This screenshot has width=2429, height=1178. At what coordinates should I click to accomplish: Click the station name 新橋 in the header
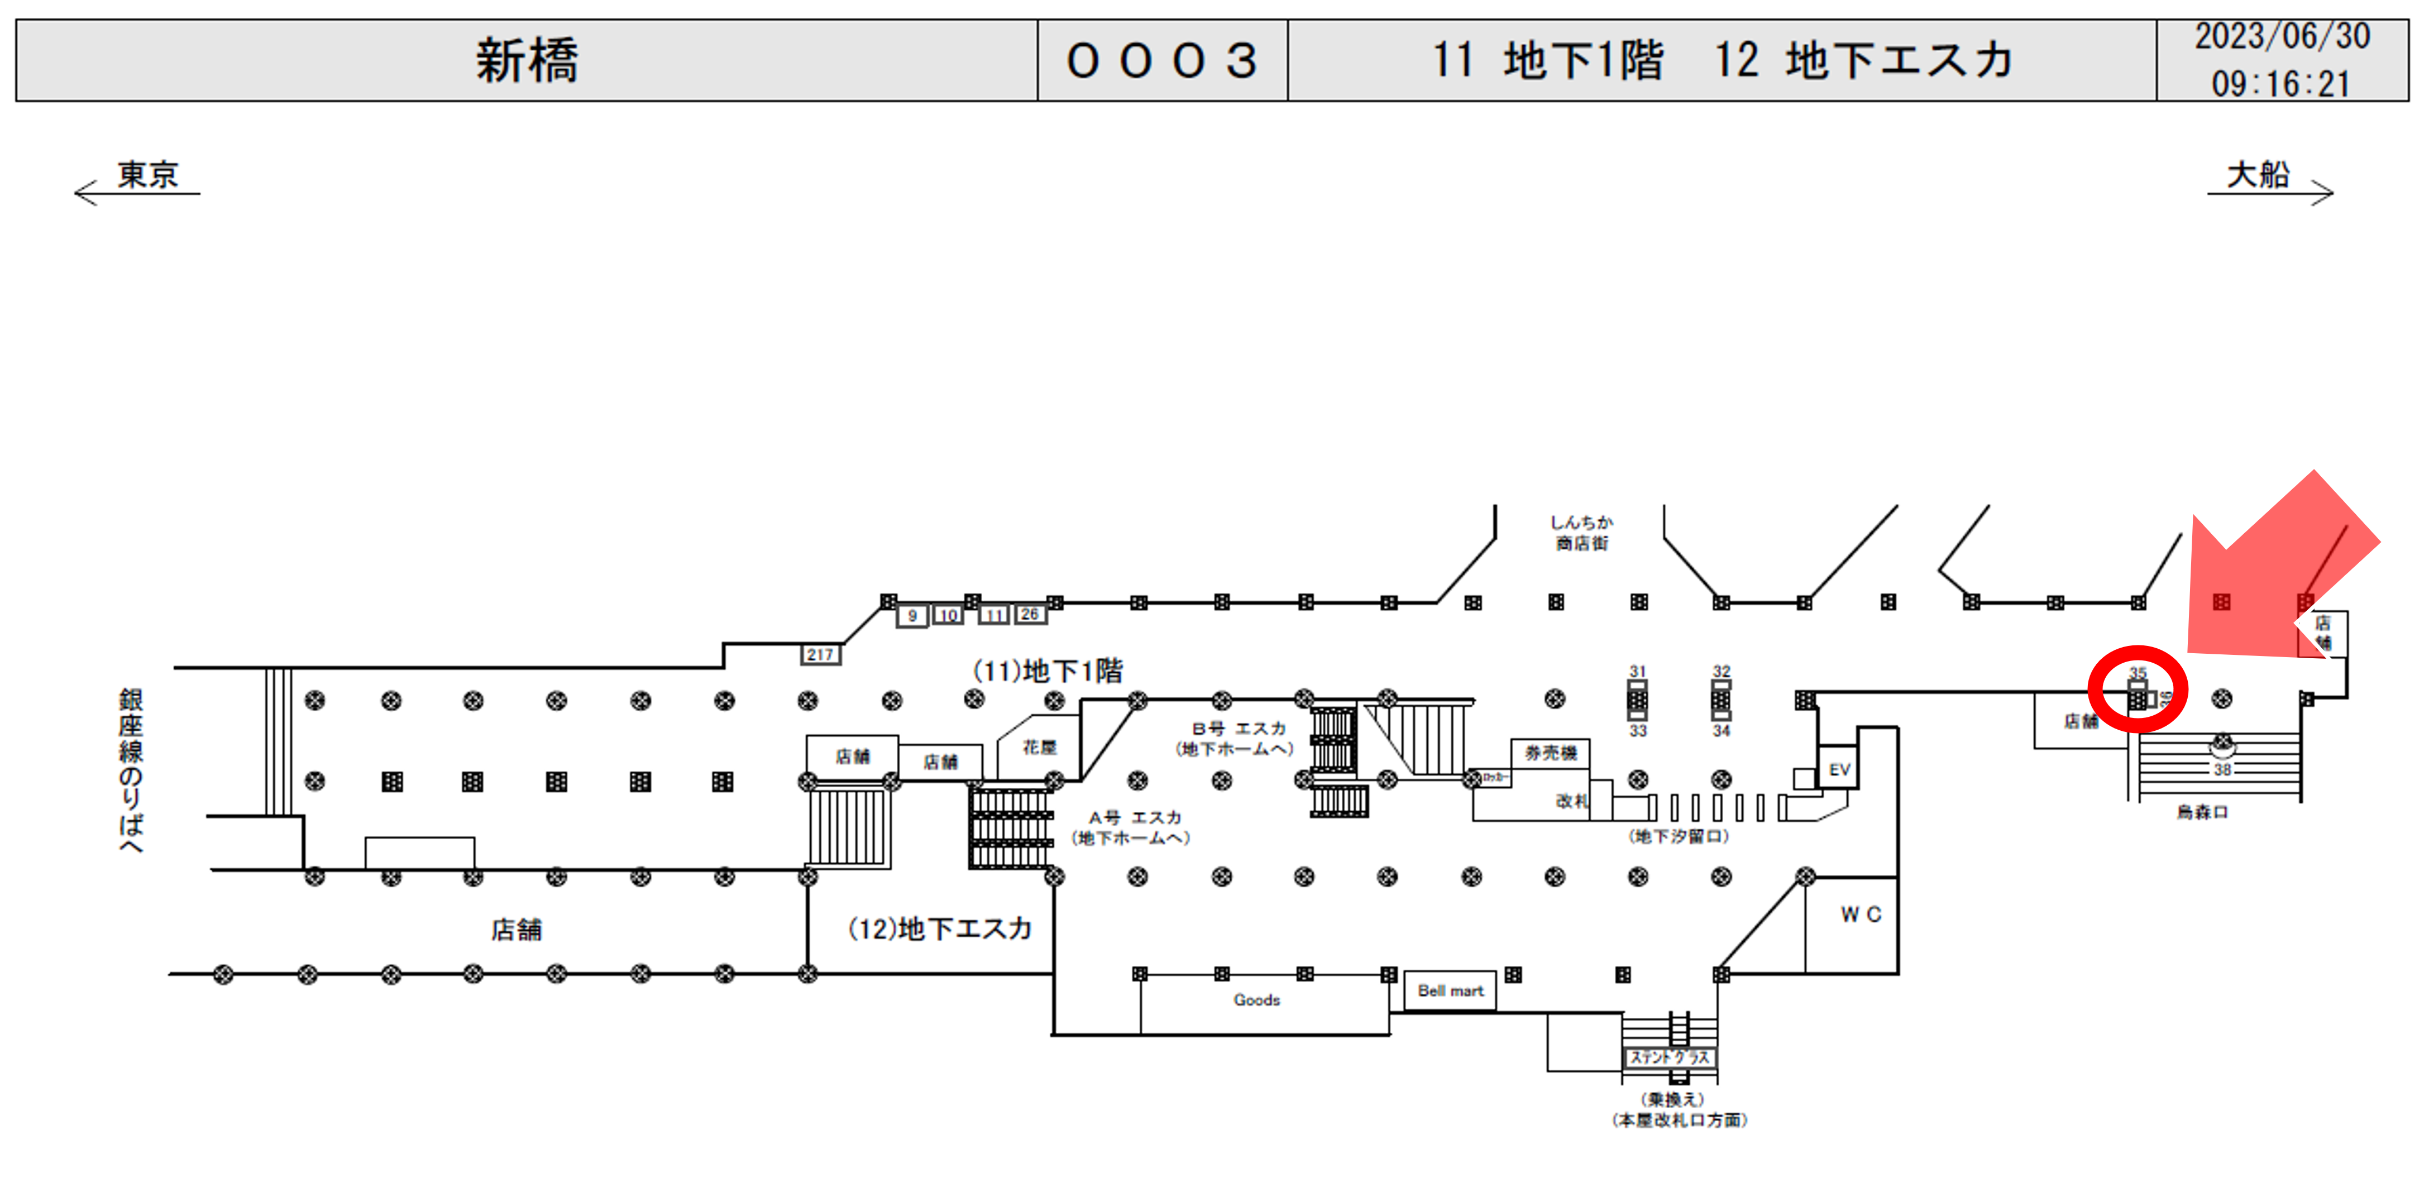coord(526,60)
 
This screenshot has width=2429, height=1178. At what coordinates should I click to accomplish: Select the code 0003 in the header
coord(1161,60)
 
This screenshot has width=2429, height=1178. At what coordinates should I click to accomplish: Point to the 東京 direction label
coord(147,175)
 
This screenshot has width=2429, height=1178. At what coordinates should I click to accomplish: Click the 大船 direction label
coord(2258,175)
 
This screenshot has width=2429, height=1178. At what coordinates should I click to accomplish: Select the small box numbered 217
coord(819,654)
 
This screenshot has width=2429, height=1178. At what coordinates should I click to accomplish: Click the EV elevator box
coord(1839,770)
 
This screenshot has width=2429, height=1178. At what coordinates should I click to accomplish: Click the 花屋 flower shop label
coord(1039,748)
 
